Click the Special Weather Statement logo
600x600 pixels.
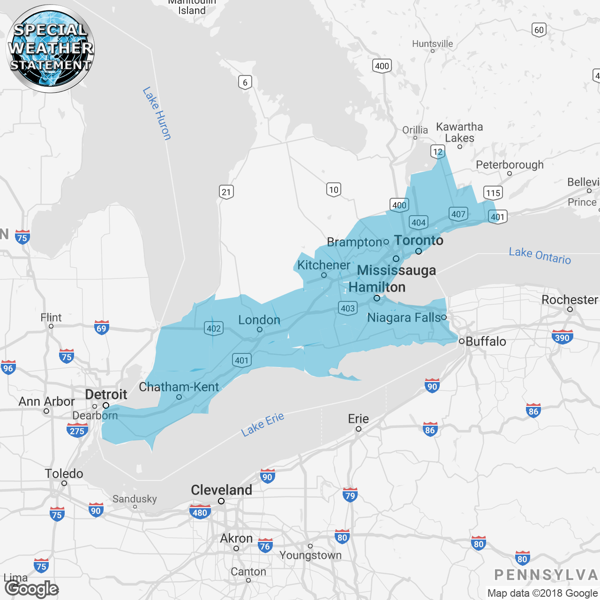click(x=50, y=48)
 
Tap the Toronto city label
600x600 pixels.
click(x=419, y=240)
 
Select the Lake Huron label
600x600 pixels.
click(x=157, y=113)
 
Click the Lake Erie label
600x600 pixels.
click(x=262, y=424)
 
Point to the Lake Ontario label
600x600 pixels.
click(x=540, y=256)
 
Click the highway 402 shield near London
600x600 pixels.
click(x=214, y=328)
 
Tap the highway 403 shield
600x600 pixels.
click(x=348, y=308)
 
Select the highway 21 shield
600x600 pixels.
click(x=226, y=192)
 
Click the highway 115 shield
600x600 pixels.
click(x=493, y=193)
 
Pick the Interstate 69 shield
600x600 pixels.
click(x=102, y=328)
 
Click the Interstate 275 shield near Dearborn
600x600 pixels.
click(x=77, y=431)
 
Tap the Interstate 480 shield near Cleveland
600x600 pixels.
click(x=200, y=512)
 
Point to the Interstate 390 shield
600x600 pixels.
click(x=562, y=337)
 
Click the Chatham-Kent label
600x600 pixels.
click(x=179, y=387)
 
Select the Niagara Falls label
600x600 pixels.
click(x=404, y=318)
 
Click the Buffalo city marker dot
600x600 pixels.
click(x=462, y=341)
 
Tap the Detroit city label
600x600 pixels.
click(x=106, y=395)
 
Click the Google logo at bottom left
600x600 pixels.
click(x=32, y=589)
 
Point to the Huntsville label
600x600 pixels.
click(x=433, y=44)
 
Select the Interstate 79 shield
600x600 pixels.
click(x=350, y=495)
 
